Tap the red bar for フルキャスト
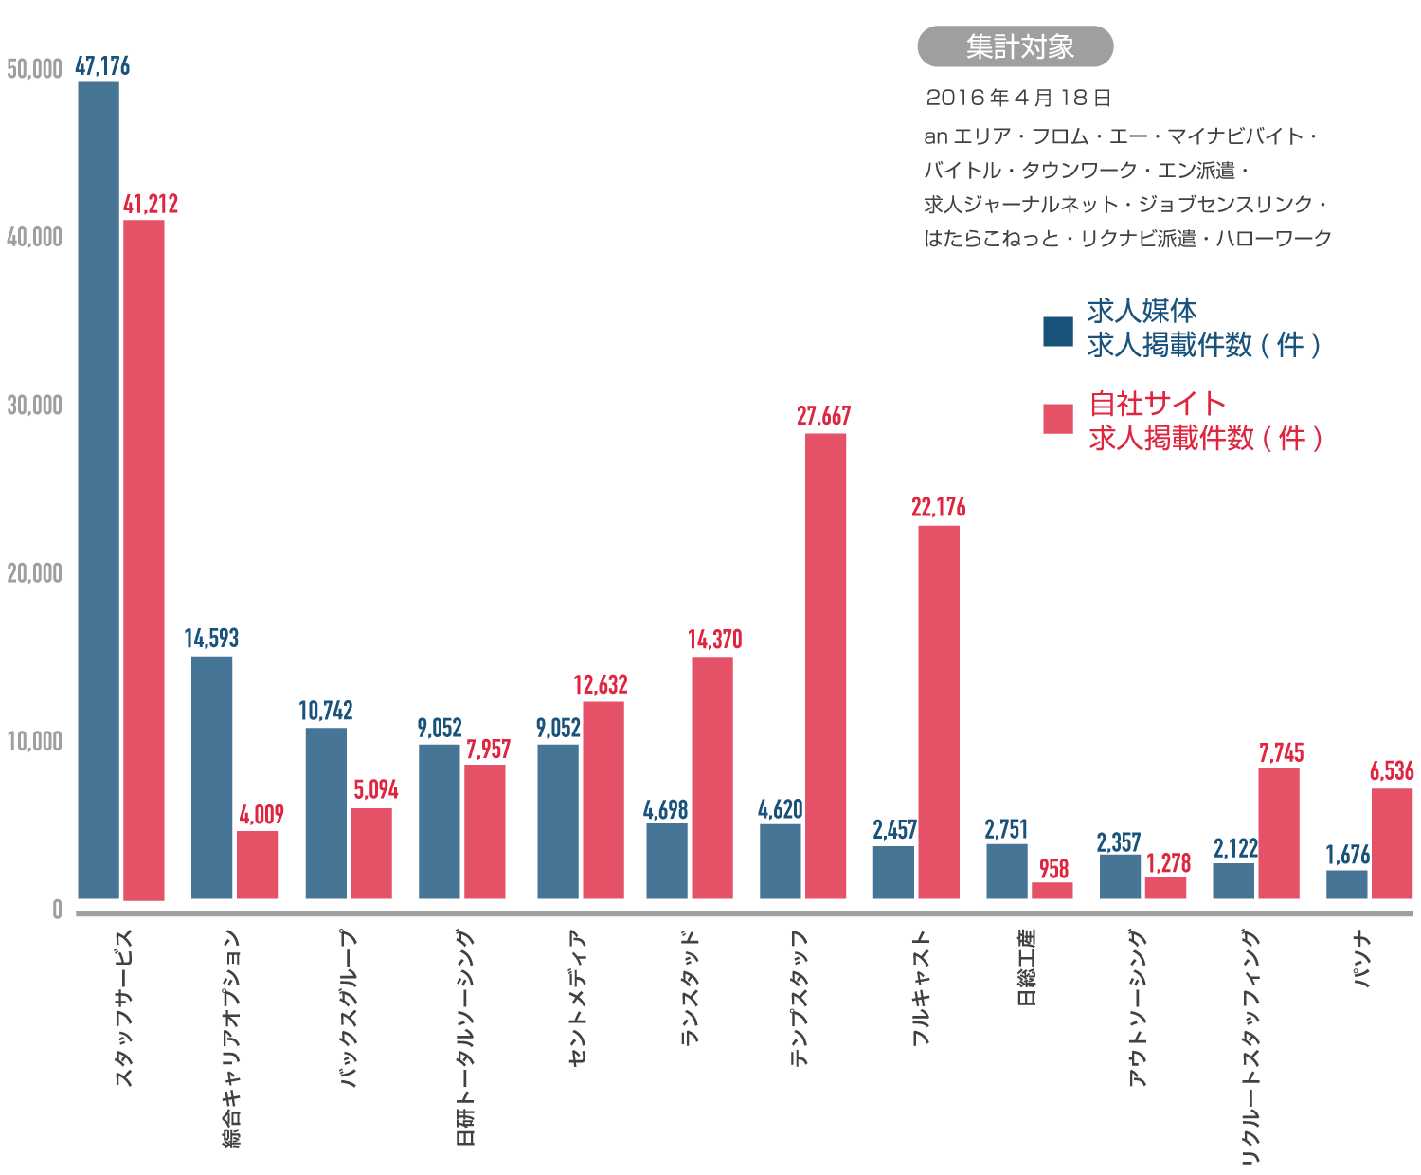(x=939, y=712)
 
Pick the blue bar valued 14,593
(x=211, y=777)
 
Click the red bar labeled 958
(x=1052, y=890)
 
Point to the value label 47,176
(x=102, y=66)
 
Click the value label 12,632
(x=601, y=684)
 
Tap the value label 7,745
(x=1281, y=753)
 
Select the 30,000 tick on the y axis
(x=34, y=406)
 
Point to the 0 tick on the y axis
(x=57, y=910)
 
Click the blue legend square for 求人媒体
(x=1057, y=332)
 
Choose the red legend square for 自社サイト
(x=1057, y=419)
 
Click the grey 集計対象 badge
(x=1015, y=46)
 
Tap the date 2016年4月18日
(x=1018, y=98)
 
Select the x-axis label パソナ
(x=1362, y=960)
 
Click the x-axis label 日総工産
(x=1026, y=967)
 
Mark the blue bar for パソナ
(x=1346, y=884)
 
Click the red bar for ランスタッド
(x=712, y=777)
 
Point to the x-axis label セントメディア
(x=578, y=998)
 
